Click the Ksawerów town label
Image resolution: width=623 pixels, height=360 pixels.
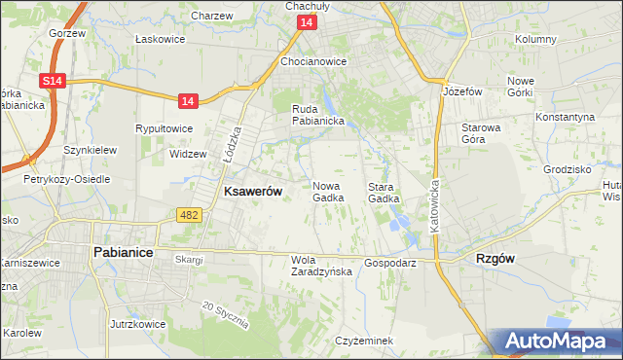(253, 192)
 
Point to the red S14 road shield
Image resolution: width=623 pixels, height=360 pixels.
(53, 85)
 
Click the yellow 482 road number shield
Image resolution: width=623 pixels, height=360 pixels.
(189, 213)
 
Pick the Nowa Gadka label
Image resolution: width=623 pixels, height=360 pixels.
(328, 192)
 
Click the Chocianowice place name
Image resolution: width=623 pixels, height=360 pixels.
(313, 61)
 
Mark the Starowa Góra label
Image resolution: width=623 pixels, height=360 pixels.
(480, 133)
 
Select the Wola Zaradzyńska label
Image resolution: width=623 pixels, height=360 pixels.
(321, 266)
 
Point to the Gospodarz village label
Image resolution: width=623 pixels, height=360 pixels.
(390, 263)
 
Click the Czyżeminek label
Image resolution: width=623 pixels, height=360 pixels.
(363, 341)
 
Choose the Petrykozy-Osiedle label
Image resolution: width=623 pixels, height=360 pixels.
(67, 179)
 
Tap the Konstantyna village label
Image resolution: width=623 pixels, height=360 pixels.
(565, 117)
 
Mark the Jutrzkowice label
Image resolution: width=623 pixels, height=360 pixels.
(135, 322)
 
